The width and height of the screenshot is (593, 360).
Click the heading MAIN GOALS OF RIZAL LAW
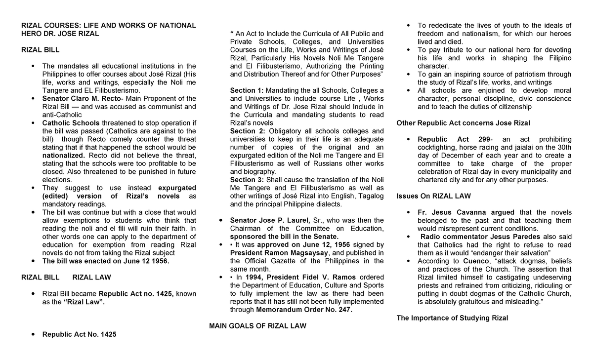(257, 326)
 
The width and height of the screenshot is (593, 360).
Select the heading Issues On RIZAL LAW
(433, 196)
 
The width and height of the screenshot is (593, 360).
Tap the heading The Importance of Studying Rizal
(452, 318)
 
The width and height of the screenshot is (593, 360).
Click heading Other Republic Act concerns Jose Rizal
(463, 123)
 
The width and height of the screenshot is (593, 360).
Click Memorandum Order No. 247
(304, 310)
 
